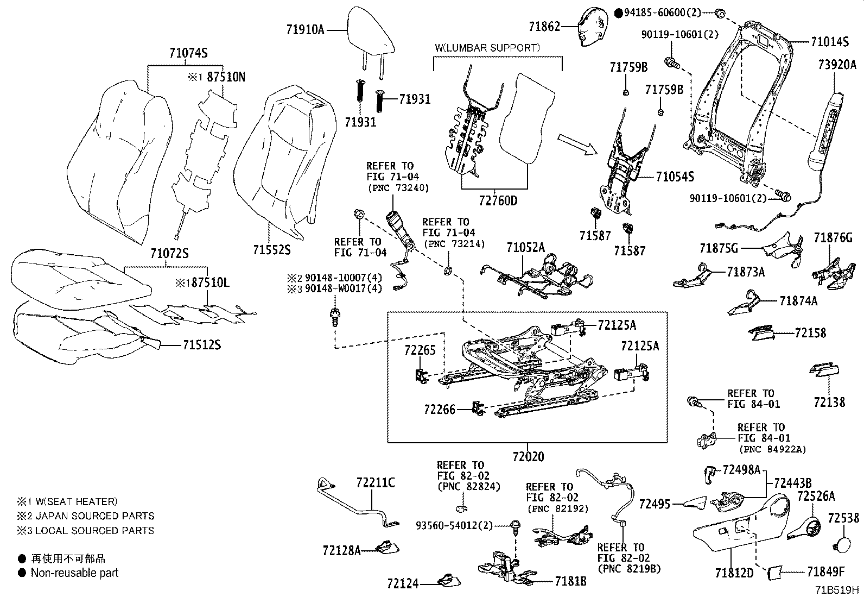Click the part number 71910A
pos(305,29)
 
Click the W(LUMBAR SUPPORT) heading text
pos(487,48)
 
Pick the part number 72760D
pos(498,201)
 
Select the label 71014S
pos(829,41)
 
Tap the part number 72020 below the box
pos(528,456)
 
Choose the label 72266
pos(440,409)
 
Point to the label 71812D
pos(734,573)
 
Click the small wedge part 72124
pos(449,581)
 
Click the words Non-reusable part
pos(74,573)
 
